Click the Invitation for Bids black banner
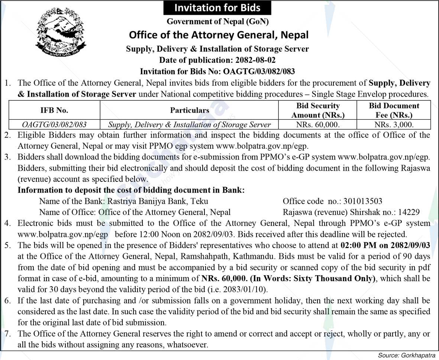[x=217, y=8]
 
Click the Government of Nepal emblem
[x=61, y=32]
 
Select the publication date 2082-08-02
[x=254, y=60]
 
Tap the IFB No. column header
[x=54, y=110]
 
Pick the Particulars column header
[x=190, y=110]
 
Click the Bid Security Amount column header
[x=318, y=110]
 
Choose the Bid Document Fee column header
[x=394, y=110]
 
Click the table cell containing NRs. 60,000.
[x=318, y=125]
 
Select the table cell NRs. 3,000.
[x=394, y=125]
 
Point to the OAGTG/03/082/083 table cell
[x=54, y=125]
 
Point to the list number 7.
[x=7, y=334]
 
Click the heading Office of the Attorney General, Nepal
[x=219, y=35]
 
